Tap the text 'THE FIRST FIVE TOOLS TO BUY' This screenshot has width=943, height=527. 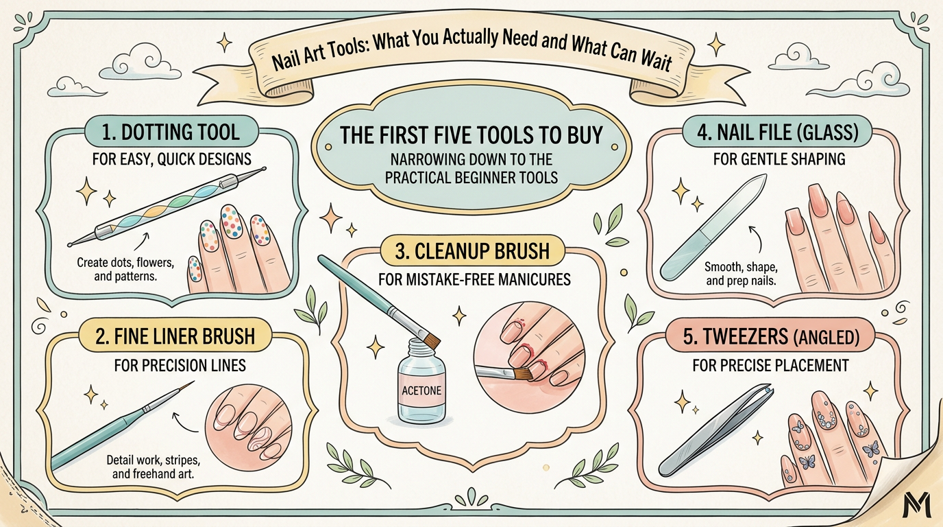(472, 135)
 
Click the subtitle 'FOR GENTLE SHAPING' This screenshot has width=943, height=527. (779, 159)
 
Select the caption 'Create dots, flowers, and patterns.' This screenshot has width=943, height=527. (125, 268)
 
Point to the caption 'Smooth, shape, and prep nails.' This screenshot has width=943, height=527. (740, 273)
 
